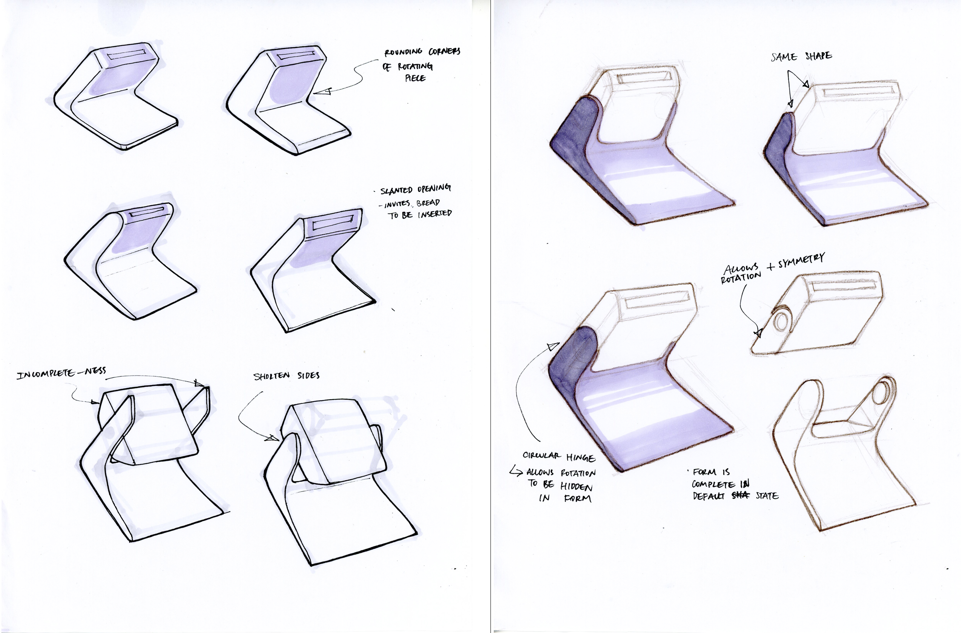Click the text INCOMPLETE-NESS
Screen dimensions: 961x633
click(x=61, y=373)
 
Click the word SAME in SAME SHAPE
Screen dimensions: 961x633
click(x=784, y=57)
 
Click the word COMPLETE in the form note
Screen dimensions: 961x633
click(x=713, y=484)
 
